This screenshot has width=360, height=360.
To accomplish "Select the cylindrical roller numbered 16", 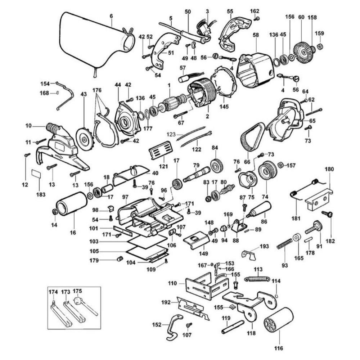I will coord(72,204).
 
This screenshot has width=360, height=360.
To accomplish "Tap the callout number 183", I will coord(41,194).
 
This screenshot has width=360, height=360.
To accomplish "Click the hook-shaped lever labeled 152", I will coord(173,326).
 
